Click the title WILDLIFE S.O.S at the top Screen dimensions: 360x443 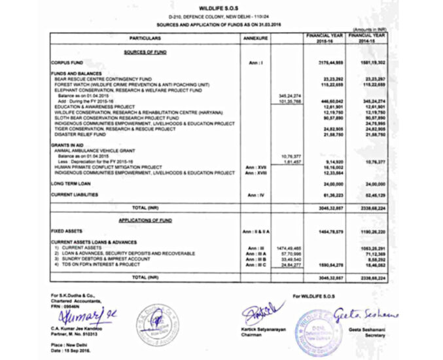221,6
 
